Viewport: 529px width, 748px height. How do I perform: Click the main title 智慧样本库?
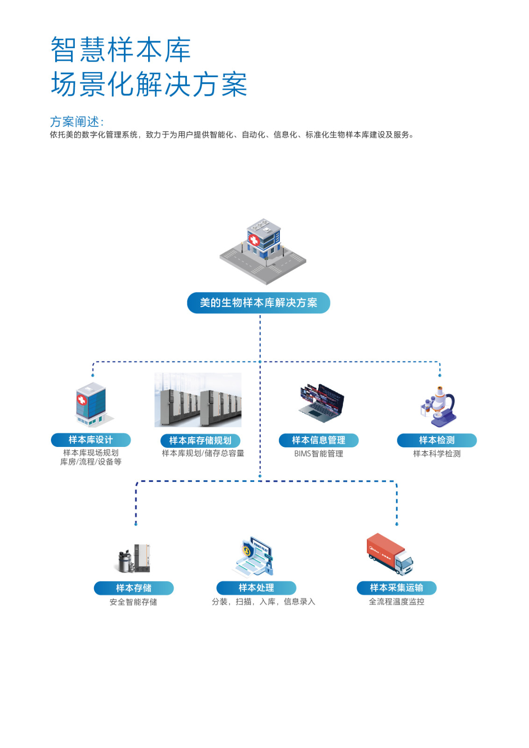point(121,50)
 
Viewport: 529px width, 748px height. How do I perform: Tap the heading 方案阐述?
point(77,122)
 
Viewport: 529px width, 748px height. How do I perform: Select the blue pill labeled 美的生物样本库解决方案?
point(258,303)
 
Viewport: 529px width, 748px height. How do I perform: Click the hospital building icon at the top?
point(263,250)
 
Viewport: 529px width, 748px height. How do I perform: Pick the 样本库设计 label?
point(91,440)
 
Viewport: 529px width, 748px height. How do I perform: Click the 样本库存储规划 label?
point(200,440)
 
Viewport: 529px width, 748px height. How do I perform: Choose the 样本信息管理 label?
point(319,440)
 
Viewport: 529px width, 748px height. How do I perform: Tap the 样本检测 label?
point(436,440)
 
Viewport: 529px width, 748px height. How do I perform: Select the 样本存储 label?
point(134,588)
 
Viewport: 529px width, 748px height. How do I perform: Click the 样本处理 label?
point(256,588)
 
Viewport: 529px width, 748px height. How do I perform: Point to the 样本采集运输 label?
point(396,588)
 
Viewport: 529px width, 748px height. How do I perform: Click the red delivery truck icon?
point(390,554)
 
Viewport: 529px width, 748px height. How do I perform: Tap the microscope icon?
point(438,406)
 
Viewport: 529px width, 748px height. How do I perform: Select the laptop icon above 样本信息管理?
point(322,401)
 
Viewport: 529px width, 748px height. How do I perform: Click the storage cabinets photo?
point(198,400)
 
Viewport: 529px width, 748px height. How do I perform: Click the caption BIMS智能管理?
point(319,453)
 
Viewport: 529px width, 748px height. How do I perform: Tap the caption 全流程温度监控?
point(396,602)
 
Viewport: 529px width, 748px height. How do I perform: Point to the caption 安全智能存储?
point(133,602)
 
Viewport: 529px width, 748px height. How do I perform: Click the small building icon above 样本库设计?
point(92,405)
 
